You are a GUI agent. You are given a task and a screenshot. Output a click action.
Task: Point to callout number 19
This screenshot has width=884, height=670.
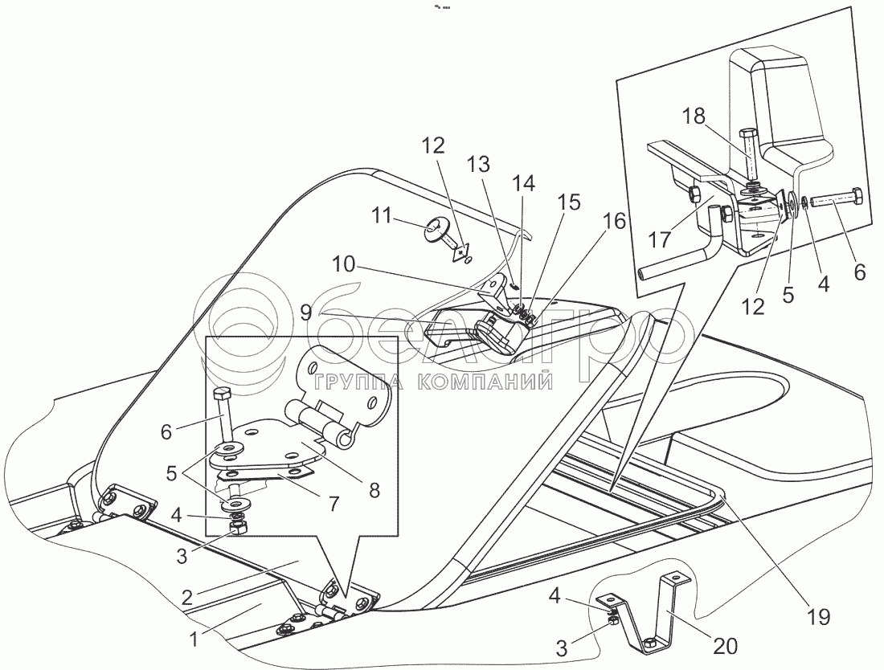click(x=817, y=618)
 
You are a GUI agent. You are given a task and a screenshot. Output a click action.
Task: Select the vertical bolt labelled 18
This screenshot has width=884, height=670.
click(x=753, y=157)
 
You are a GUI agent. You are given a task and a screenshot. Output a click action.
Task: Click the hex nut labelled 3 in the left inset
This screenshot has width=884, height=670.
click(x=238, y=528)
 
